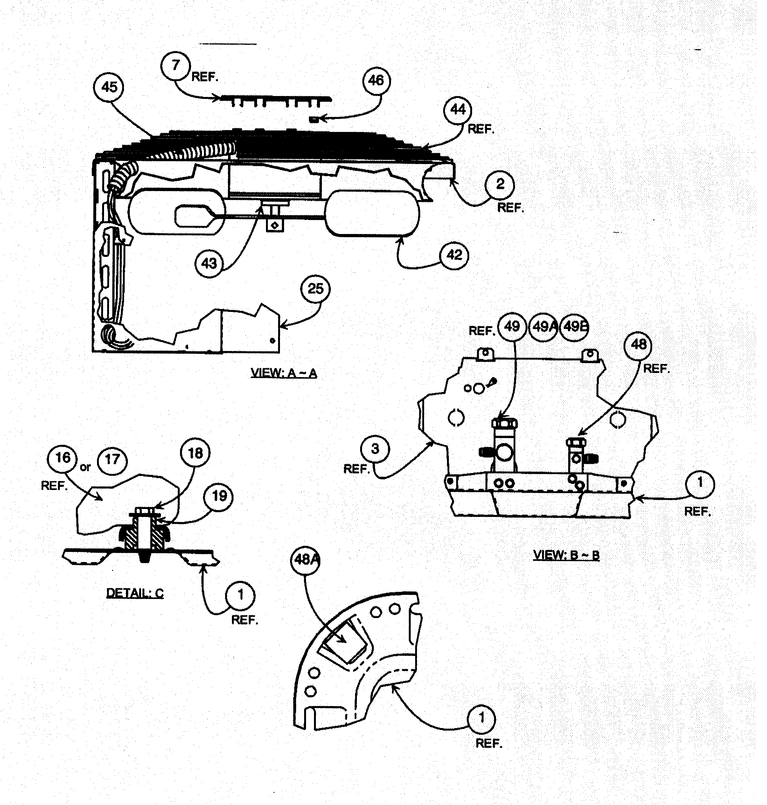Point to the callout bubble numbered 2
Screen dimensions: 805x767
click(500, 185)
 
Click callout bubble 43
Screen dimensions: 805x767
click(209, 264)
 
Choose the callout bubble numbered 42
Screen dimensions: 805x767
click(454, 255)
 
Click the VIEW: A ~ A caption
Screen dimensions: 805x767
click(284, 373)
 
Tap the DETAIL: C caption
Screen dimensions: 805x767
click(135, 593)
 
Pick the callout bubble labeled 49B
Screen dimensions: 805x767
click(575, 327)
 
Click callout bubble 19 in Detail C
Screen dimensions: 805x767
click(219, 497)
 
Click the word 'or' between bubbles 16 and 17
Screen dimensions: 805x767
click(86, 467)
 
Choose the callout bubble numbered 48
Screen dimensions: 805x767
click(638, 345)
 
